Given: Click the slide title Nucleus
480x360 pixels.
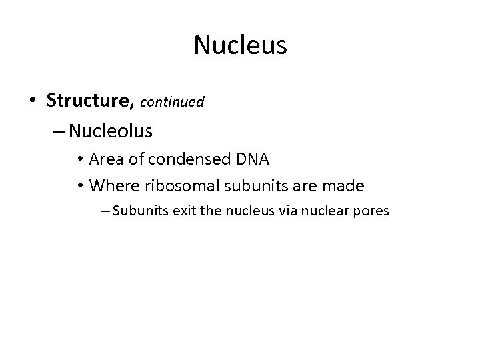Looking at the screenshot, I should coord(240,45).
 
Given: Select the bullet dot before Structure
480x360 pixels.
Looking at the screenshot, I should coord(33,101).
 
